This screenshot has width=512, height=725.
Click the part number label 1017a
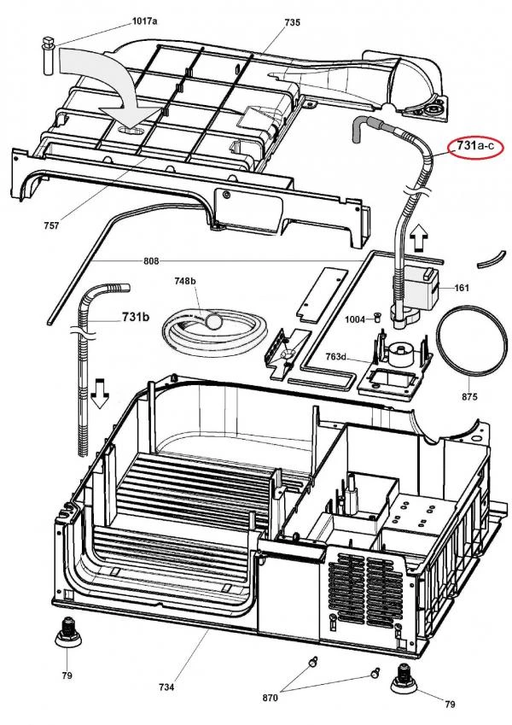[144, 20]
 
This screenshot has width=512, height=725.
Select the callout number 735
[292, 22]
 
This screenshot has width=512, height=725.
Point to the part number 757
[51, 225]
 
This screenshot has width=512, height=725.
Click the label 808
[151, 261]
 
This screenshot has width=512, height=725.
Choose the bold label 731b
[136, 317]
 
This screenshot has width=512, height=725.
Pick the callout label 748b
[185, 281]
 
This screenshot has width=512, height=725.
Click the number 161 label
[462, 288]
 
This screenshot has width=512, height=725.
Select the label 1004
[355, 319]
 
